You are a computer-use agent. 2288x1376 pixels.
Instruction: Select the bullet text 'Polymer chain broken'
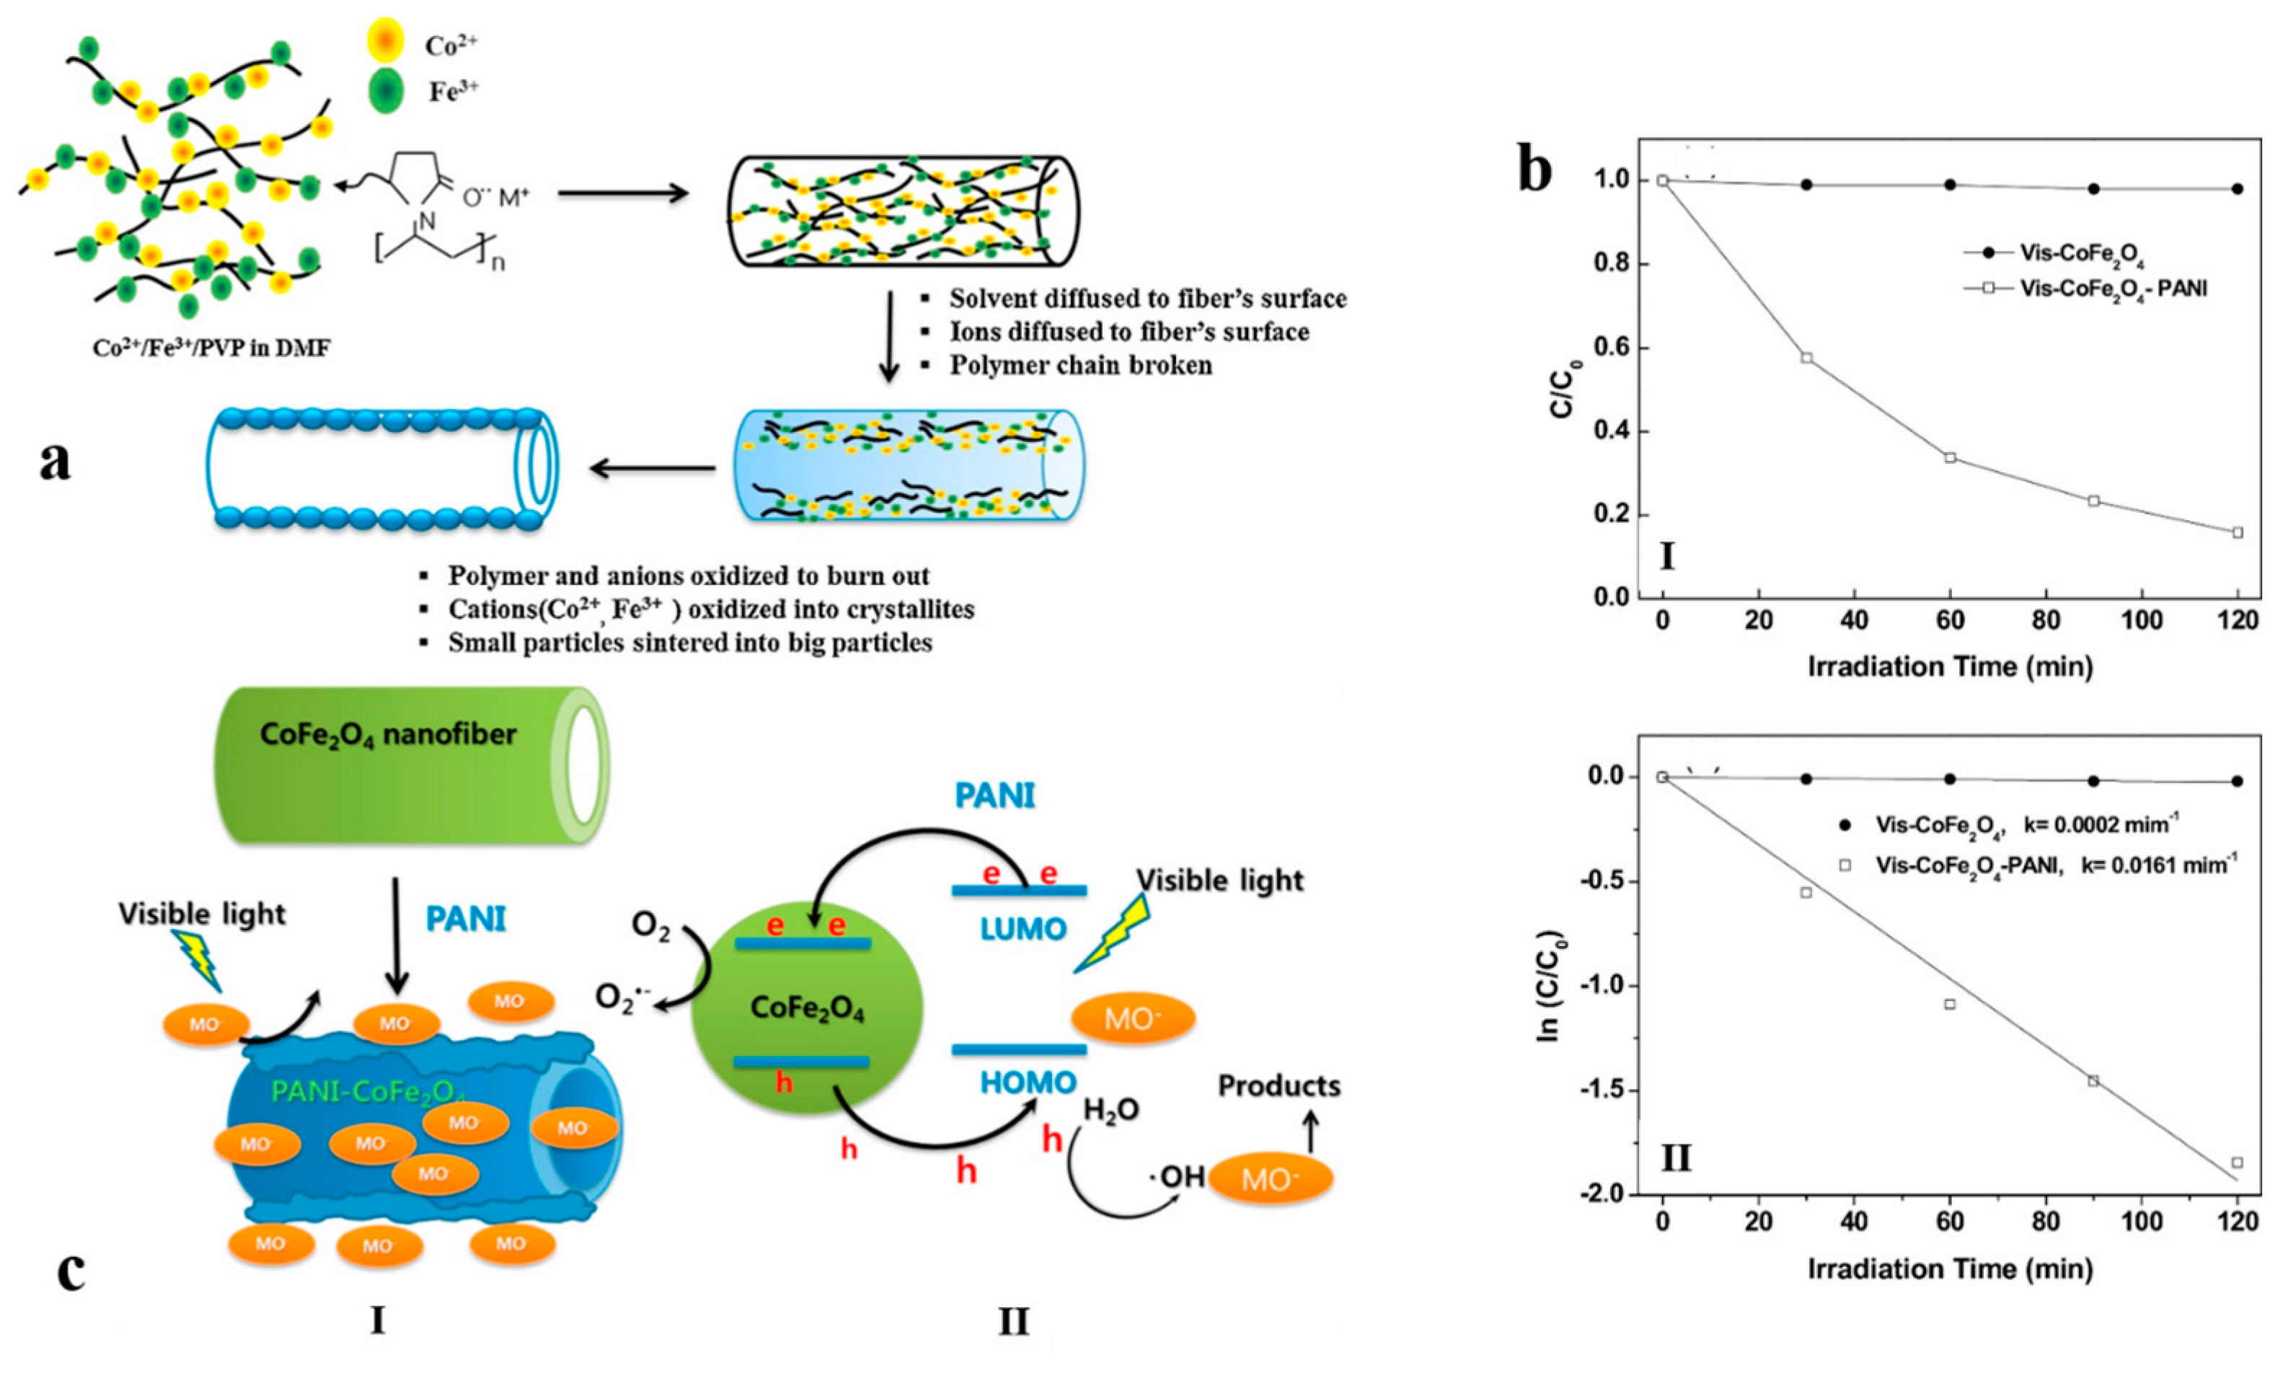coord(1080,366)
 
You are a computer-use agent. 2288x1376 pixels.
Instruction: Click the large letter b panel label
coord(1535,172)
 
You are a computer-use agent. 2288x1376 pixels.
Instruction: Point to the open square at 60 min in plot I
coord(1950,457)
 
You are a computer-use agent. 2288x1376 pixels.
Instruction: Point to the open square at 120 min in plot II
coord(2237,1162)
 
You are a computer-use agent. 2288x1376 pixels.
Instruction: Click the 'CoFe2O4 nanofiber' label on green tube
coord(387,736)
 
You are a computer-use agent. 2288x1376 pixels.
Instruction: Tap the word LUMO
coord(1023,928)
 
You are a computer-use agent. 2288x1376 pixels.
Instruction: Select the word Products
coord(1278,1086)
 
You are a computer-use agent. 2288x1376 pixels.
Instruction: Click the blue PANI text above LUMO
coord(995,795)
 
